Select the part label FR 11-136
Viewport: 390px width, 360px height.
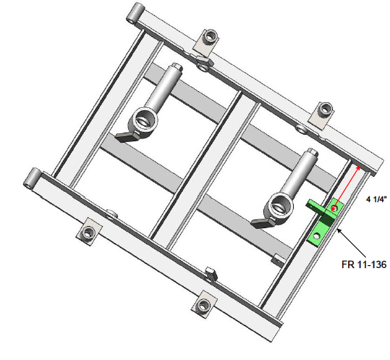[x=364, y=265]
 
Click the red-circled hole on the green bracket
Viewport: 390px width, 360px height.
[x=334, y=209]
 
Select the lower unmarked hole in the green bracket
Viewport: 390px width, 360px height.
[x=317, y=236]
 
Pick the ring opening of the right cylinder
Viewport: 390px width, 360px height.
[x=277, y=210]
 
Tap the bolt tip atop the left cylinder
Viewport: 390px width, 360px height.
[x=176, y=69]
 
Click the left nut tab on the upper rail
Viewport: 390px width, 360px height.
[x=208, y=38]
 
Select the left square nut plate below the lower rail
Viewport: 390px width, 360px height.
[x=88, y=233]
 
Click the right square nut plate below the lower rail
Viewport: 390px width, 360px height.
[x=205, y=304]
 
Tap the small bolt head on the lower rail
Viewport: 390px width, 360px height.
[x=211, y=273]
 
